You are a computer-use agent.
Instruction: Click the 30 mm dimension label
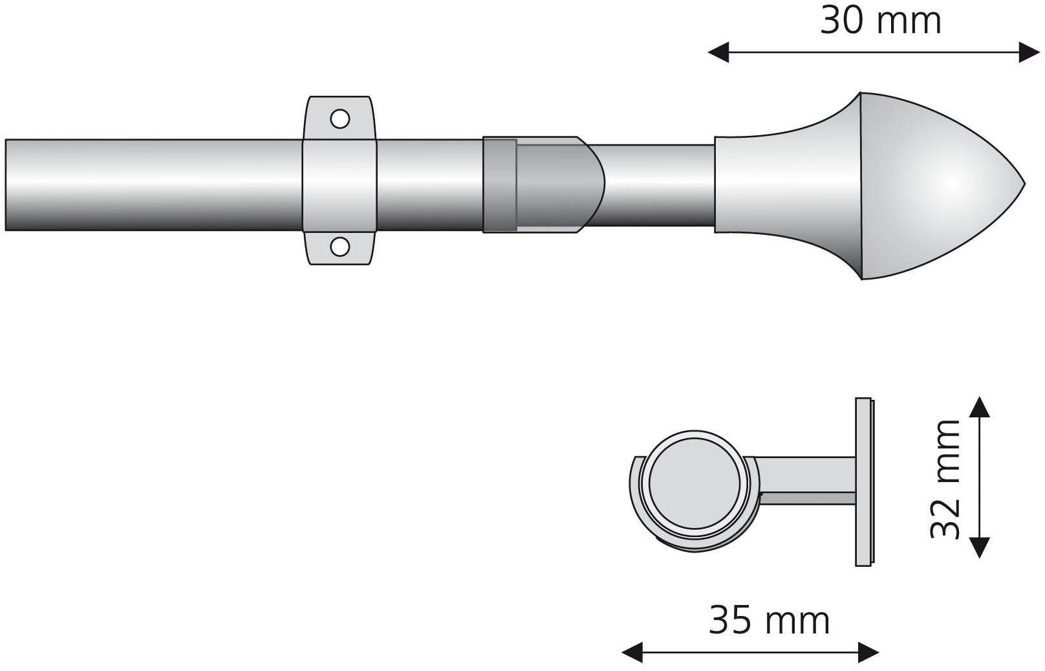(880, 21)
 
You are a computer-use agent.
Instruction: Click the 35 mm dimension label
(769, 621)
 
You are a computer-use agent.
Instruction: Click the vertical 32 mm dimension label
(945, 479)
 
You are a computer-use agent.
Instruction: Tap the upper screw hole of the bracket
(339, 118)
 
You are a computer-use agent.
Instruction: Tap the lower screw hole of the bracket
(339, 246)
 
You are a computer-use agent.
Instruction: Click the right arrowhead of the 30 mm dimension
(1028, 52)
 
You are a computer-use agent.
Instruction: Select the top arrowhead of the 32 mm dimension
(980, 407)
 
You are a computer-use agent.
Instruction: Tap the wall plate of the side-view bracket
(865, 482)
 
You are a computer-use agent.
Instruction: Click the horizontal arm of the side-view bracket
(808, 479)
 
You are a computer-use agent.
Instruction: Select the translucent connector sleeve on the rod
(543, 184)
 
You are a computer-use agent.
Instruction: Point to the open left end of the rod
(8, 184)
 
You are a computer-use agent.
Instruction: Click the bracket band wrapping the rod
(339, 184)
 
